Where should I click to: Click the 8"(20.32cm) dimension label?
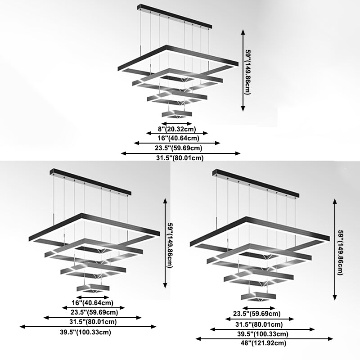(x=177, y=129)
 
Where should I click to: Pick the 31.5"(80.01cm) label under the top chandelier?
(x=180, y=158)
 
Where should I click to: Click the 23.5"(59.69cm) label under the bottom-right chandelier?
(x=256, y=314)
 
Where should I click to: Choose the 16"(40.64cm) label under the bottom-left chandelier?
(x=93, y=302)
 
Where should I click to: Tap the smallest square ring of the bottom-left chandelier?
(x=93, y=287)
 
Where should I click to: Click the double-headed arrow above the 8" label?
(x=177, y=123)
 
